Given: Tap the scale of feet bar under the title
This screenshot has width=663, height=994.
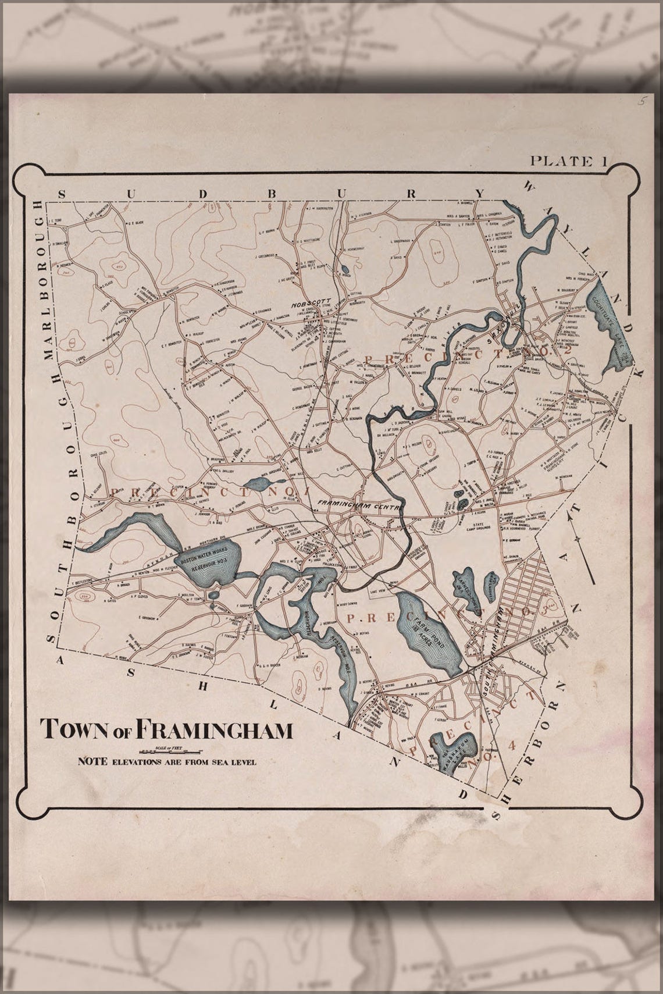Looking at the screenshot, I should pos(166,747).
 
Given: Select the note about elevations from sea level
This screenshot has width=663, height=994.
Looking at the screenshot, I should pos(166,761).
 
